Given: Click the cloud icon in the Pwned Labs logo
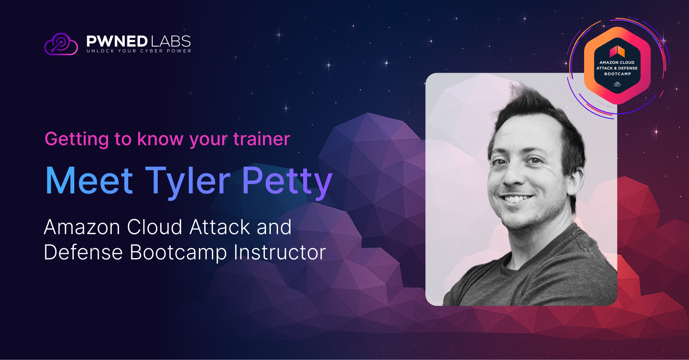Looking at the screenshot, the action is click(61, 44).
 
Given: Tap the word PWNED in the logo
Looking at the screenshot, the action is click(117, 41).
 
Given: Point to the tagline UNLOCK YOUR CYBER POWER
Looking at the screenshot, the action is click(139, 51).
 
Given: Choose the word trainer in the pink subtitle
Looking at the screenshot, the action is click(262, 139).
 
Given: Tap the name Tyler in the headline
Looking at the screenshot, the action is click(188, 182).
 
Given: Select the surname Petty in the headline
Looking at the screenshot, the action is click(287, 182).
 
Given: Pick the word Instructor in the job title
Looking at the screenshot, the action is click(280, 252).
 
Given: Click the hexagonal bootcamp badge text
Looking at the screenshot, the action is click(617, 68).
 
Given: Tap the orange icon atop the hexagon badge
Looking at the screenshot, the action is click(617, 51).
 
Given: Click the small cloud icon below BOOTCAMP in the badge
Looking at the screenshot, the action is click(617, 84).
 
